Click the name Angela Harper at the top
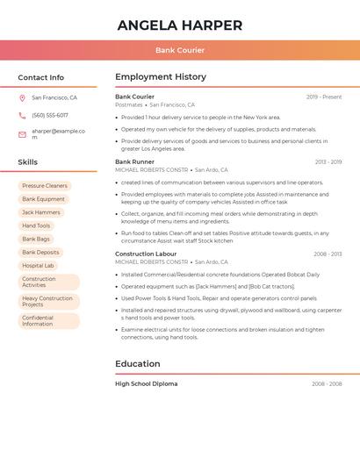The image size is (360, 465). coord(179,25)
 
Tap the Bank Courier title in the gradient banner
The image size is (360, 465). coord(179,50)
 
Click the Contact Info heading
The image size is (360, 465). coord(40,77)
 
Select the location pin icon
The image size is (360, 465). coord(22,98)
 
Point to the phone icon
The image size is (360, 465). coord(22,115)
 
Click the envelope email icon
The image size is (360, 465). coord(22,134)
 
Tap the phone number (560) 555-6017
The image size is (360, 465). coord(50,115)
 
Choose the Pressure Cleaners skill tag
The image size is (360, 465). coord(45,186)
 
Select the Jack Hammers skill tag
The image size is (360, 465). coord(41,212)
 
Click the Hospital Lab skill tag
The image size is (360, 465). coord(38,265)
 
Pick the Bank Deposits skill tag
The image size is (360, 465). coord(41,252)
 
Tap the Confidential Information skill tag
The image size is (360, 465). coord(39,321)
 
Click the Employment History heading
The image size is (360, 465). coord(161,77)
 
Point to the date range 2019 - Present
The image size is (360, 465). coord(324,97)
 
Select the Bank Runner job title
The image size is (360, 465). coord(134,161)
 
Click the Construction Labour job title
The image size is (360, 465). coord(146,254)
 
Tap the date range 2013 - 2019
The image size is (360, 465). coord(328,162)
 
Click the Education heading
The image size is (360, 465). coord(138,364)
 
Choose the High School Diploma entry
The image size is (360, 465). coord(146,383)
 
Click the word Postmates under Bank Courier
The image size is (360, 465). coord(128,104)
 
